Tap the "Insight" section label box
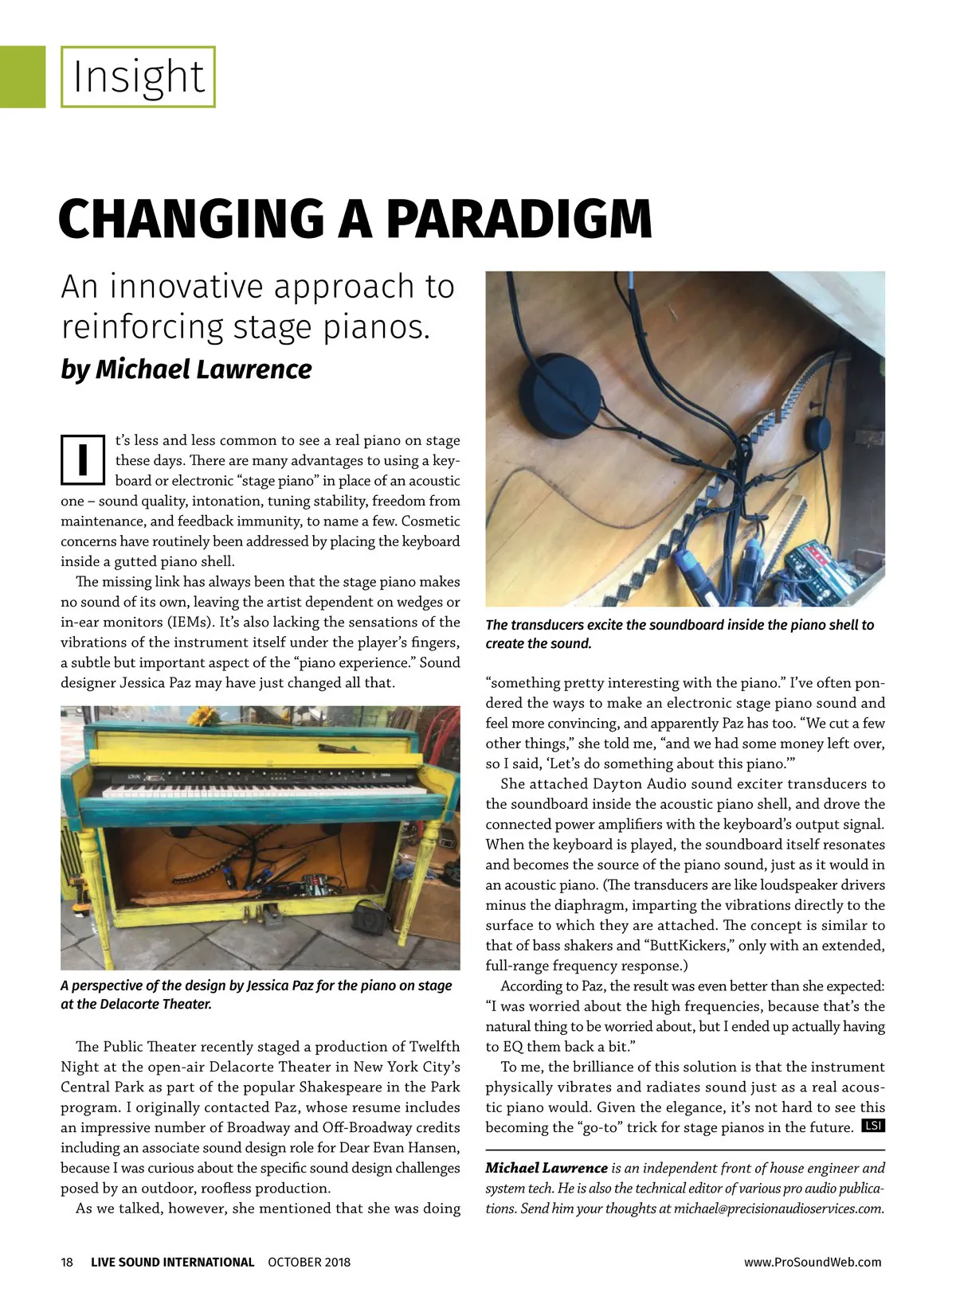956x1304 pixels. pos(139,77)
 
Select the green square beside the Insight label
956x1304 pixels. pos(22,77)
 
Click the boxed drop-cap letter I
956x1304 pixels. pos(83,459)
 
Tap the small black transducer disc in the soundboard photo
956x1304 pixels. pos(821,434)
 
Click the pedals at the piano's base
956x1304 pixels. pos(263,912)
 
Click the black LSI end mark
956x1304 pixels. pos(873,1126)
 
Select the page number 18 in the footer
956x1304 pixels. pos(67,1262)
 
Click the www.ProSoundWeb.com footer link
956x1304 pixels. pos(813,1262)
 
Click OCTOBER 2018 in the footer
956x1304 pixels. pos(309,1262)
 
